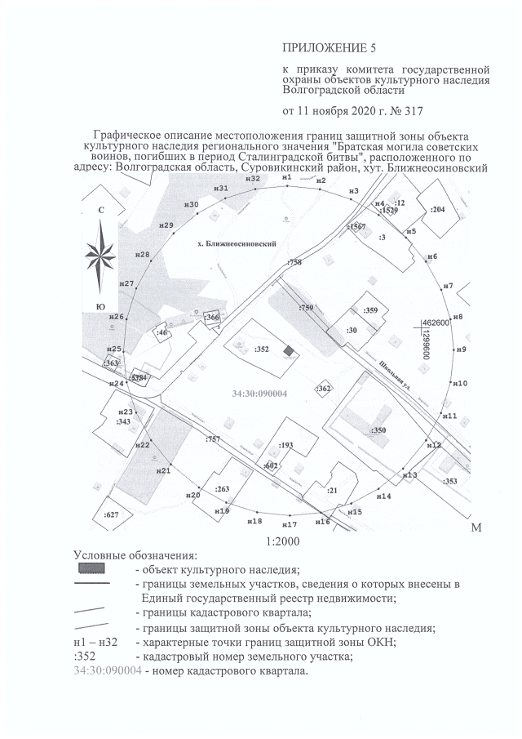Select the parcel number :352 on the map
tap(262, 348)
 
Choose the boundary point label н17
tap(289, 523)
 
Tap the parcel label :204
tap(438, 210)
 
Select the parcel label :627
tap(112, 514)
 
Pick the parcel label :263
tap(221, 488)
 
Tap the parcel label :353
tap(449, 482)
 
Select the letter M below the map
tap(476, 530)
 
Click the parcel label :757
tap(213, 440)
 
